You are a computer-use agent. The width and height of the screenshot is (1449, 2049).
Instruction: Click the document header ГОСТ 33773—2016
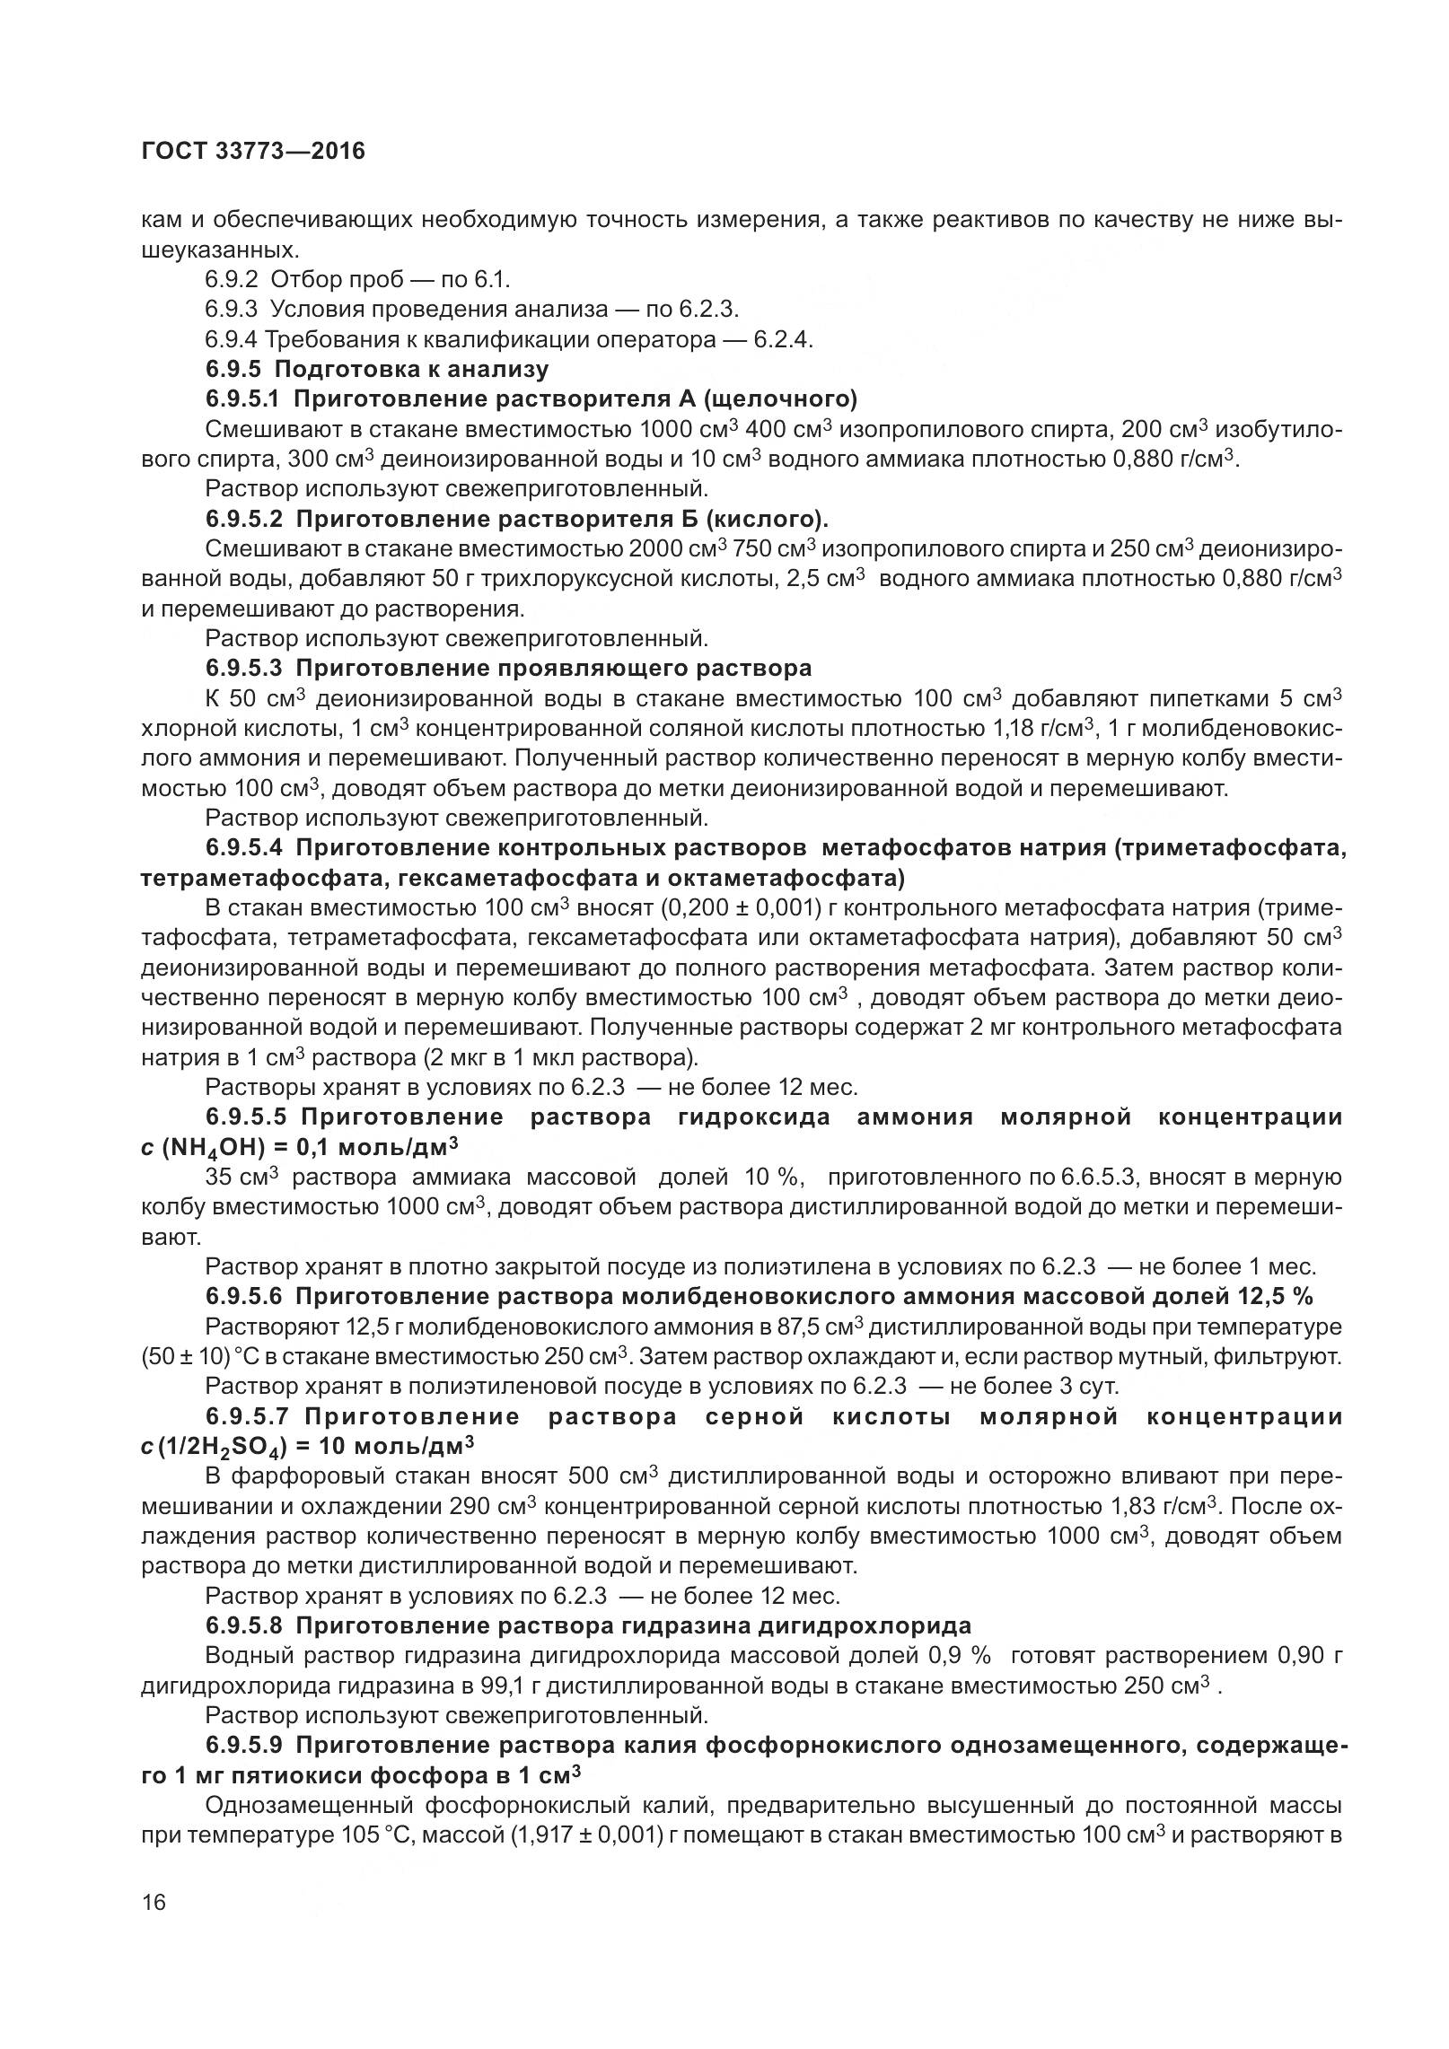coord(253,151)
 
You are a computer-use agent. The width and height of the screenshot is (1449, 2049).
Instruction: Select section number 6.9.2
coord(232,279)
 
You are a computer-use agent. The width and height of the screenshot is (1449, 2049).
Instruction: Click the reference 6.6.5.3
coord(1104,1177)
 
